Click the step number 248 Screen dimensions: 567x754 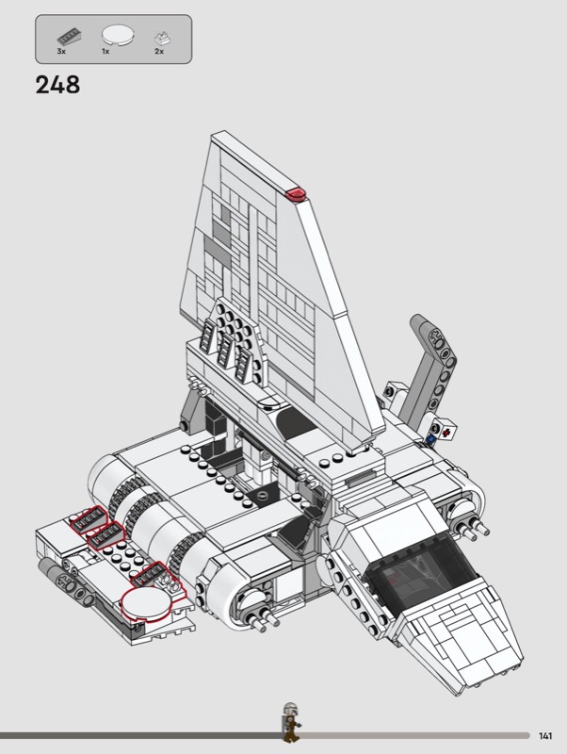click(x=57, y=85)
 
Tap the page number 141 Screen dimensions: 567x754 click(x=545, y=736)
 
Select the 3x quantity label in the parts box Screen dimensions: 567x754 click(x=61, y=51)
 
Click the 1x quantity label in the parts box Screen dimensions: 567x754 click(x=105, y=51)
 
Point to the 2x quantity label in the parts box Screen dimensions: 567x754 click(x=159, y=51)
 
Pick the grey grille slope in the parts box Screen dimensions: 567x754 click(x=69, y=38)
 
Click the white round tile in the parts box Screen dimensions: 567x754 click(x=118, y=35)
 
